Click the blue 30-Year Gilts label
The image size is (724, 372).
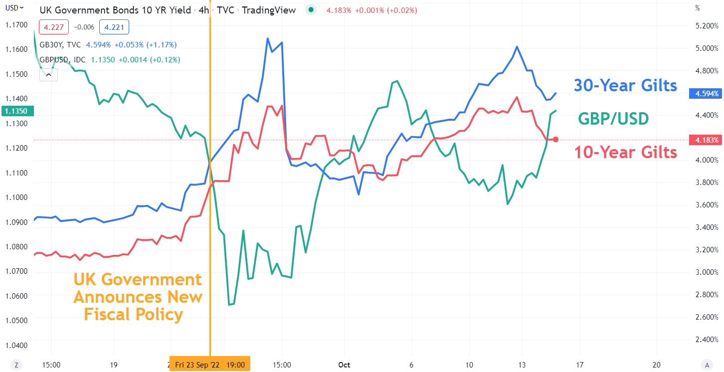pyautogui.click(x=625, y=85)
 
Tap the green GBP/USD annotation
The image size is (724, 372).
pyautogui.click(x=613, y=119)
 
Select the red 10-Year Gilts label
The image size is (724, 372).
pyautogui.click(x=625, y=152)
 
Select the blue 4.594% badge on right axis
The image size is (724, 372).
pyautogui.click(x=705, y=93)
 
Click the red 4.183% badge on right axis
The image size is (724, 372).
pyautogui.click(x=705, y=140)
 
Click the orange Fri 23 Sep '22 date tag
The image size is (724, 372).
pyautogui.click(x=210, y=365)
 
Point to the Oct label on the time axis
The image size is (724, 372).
pyautogui.click(x=344, y=365)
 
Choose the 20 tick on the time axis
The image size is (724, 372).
pyautogui.click(x=657, y=365)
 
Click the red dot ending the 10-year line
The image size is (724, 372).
pyautogui.click(x=555, y=140)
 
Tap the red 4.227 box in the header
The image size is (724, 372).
pyautogui.click(x=54, y=28)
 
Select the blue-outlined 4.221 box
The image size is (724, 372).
pyautogui.click(x=114, y=28)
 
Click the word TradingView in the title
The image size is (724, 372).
pyautogui.click(x=269, y=10)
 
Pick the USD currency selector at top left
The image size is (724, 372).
pyautogui.click(x=11, y=7)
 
